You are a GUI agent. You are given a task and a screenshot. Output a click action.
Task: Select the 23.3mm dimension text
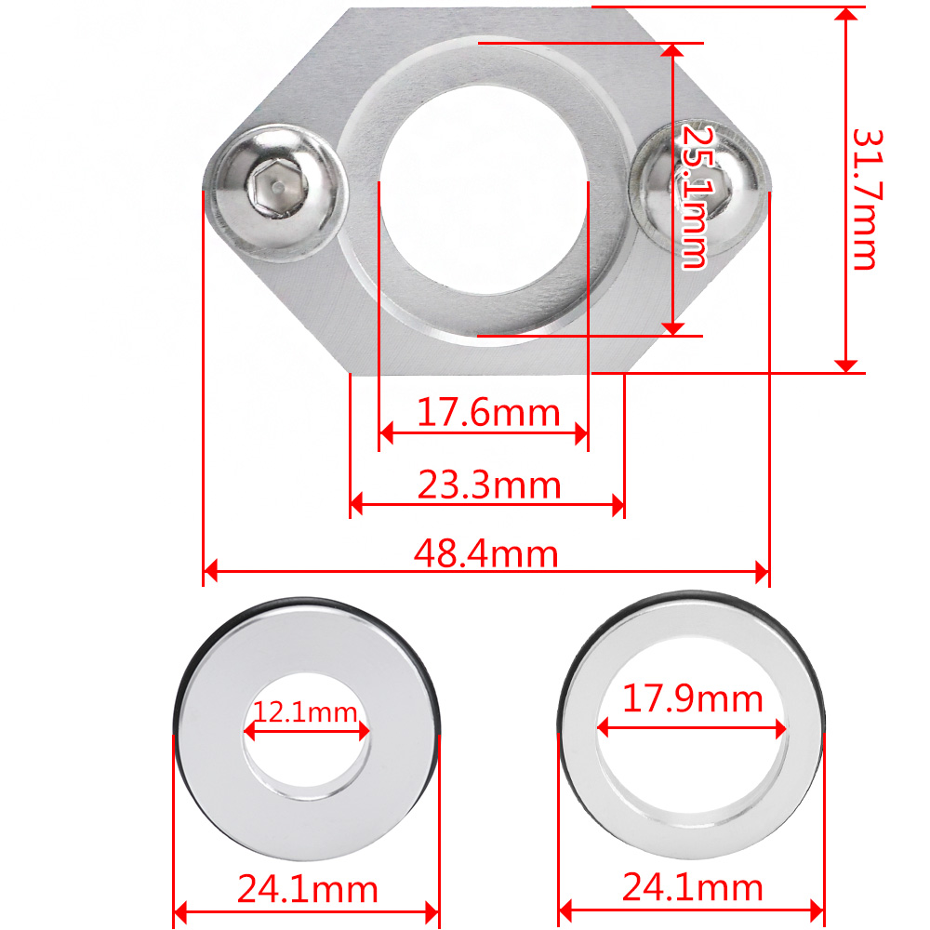coord(489,485)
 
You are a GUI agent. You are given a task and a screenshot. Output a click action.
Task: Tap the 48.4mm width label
coord(485,554)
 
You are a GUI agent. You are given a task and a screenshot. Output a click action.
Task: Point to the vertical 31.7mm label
coord(867,199)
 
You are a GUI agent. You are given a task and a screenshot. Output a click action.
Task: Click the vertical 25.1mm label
coord(695,196)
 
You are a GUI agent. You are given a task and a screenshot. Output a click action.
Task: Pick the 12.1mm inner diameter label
coord(306,711)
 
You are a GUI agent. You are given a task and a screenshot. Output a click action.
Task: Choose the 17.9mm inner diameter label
coord(692,698)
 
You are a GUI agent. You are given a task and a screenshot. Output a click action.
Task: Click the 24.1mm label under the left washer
coord(307,889)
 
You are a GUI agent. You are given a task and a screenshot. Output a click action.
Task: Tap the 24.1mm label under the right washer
coord(692,887)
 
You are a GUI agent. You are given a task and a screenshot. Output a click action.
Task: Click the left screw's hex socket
coord(279,188)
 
